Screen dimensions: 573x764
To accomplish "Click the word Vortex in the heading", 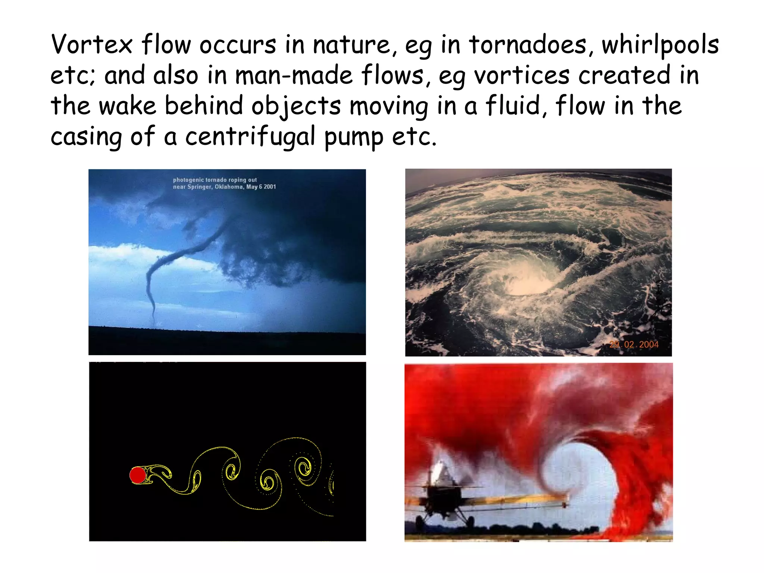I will [92, 45].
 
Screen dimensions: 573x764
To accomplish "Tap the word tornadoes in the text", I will [528, 45].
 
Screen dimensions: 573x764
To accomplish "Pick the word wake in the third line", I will [127, 106].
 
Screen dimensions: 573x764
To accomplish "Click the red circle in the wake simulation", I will [137, 476].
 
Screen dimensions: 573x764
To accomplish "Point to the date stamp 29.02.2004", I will [634, 344].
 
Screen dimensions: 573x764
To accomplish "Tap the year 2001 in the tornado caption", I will [270, 187].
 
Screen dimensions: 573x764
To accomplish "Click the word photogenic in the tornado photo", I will [188, 180].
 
